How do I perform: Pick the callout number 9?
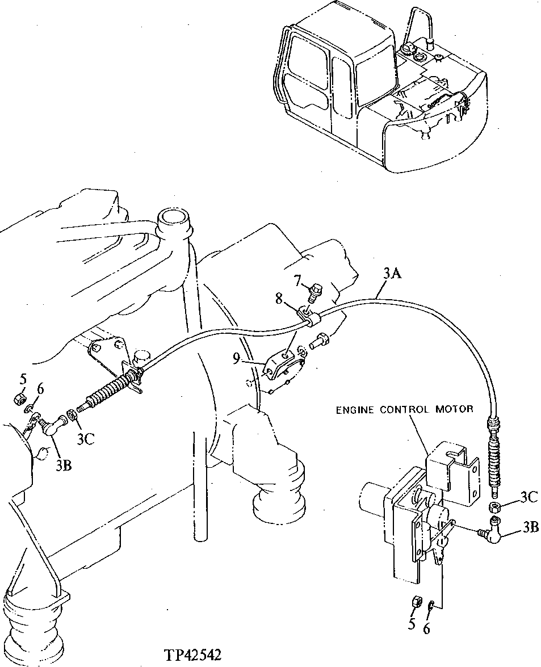click(237, 358)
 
